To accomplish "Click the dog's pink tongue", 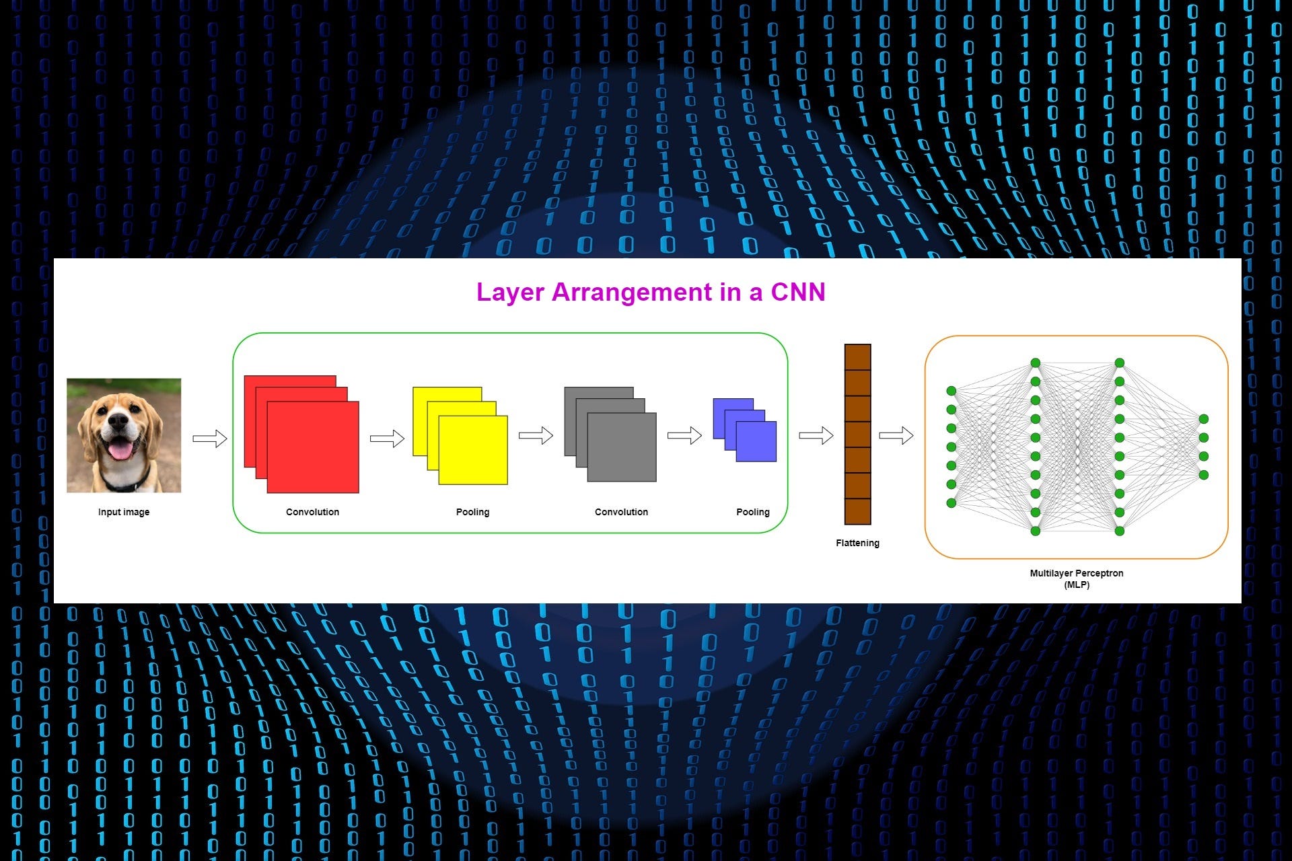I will tap(121, 449).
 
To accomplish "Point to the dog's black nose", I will tap(118, 422).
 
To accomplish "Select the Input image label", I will tap(124, 512).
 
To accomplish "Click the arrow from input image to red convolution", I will tap(210, 439).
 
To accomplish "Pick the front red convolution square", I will tap(313, 447).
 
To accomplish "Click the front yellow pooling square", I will tap(473, 450).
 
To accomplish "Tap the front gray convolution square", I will tap(622, 447).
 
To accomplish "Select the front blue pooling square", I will tap(756, 441).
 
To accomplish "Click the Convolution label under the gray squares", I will tap(621, 512).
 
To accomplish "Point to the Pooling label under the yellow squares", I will tap(472, 512).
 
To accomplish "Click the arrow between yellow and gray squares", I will tap(536, 436).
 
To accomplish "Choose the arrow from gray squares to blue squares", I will tap(684, 436).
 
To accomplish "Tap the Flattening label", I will tap(857, 543).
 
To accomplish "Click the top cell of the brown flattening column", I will tap(858, 357).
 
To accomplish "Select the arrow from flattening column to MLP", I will tap(896, 436).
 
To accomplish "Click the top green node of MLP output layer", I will tap(1204, 419).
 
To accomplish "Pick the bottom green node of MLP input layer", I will tap(952, 503).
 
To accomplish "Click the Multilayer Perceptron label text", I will tap(1077, 573).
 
